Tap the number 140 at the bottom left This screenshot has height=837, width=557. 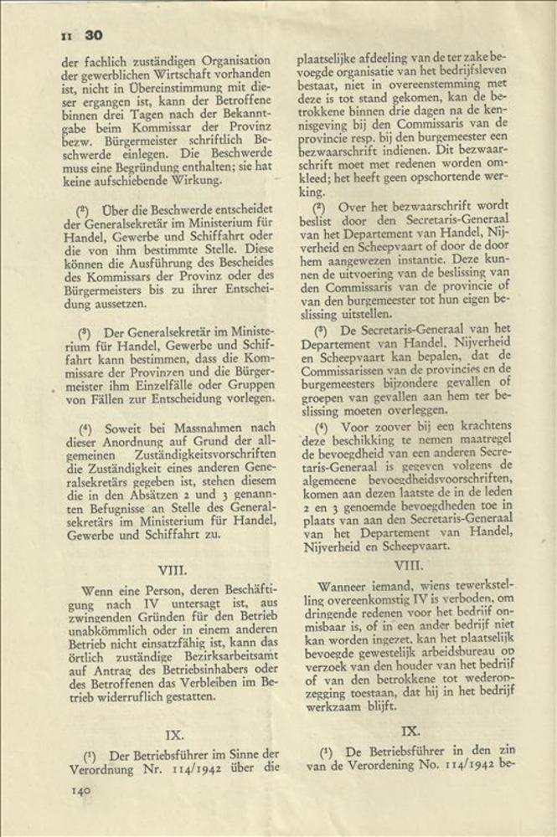point(80,789)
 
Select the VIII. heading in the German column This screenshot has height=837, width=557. point(175,570)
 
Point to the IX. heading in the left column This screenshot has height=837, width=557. point(174,734)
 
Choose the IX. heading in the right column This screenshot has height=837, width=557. point(410,730)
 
